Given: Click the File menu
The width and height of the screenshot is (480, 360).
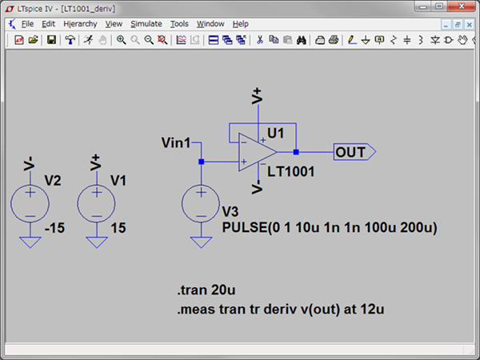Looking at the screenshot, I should click(x=27, y=24).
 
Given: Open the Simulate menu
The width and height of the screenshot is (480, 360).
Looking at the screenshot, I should click(x=146, y=24).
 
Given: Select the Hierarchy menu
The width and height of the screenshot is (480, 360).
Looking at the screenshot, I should click(x=79, y=24).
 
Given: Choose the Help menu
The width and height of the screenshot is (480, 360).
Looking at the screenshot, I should click(x=242, y=24).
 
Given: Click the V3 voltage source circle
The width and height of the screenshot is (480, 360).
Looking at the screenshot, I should click(x=201, y=203).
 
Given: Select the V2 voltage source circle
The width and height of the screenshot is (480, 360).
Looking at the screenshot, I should click(x=30, y=203).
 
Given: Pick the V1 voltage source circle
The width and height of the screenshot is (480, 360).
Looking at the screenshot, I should click(x=95, y=203).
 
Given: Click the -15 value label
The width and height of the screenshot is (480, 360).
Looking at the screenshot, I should click(x=54, y=228).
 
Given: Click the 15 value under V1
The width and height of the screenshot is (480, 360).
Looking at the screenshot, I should click(x=118, y=228).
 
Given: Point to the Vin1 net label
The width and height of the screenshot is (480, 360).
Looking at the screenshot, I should click(x=176, y=143).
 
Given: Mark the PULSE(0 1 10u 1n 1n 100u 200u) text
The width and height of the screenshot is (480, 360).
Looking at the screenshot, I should click(x=329, y=228).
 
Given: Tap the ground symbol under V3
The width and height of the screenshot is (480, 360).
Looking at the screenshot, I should click(x=201, y=242).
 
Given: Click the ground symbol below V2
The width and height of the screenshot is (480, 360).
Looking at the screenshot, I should click(x=30, y=242).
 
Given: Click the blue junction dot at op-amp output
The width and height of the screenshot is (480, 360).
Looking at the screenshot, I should click(x=296, y=151).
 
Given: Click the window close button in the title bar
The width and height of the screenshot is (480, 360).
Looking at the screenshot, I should click(x=467, y=7).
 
